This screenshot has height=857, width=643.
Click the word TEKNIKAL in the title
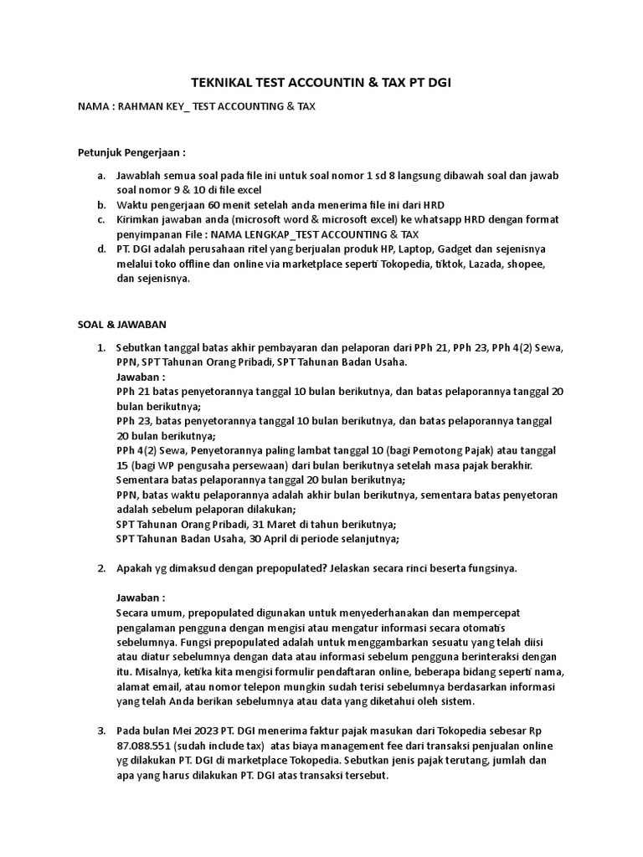[x=222, y=84]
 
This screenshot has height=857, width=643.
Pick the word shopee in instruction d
[x=524, y=264]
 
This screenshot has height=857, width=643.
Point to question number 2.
[x=101, y=568]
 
